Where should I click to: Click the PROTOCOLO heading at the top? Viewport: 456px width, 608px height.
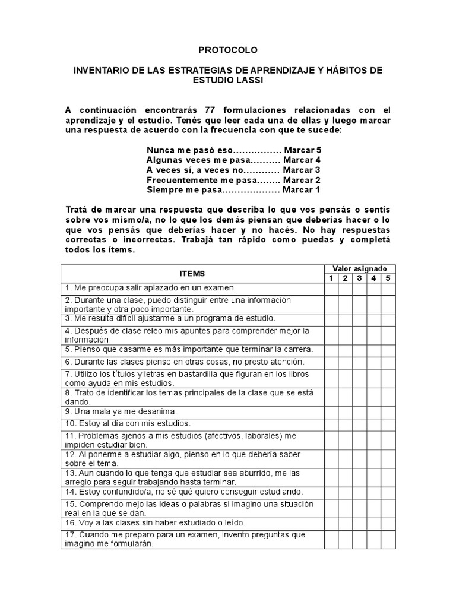(228, 50)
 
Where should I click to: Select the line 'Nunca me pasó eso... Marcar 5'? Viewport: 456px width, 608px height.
(233, 150)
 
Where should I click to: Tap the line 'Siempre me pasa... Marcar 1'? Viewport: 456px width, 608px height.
(233, 190)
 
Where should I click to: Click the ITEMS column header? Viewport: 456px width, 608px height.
(192, 274)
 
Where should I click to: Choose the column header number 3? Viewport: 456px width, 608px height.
(359, 278)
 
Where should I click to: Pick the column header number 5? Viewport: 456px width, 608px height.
(388, 278)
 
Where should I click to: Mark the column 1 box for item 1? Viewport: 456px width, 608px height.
(331, 288)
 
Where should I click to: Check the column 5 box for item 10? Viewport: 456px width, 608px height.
(388, 423)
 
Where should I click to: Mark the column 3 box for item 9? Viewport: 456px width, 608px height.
(359, 411)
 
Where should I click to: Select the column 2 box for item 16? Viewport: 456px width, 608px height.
(345, 523)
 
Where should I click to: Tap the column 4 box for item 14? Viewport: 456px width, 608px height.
(373, 492)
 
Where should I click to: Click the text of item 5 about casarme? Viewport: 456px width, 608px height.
(189, 349)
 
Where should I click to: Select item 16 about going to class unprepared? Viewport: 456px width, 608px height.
(156, 523)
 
